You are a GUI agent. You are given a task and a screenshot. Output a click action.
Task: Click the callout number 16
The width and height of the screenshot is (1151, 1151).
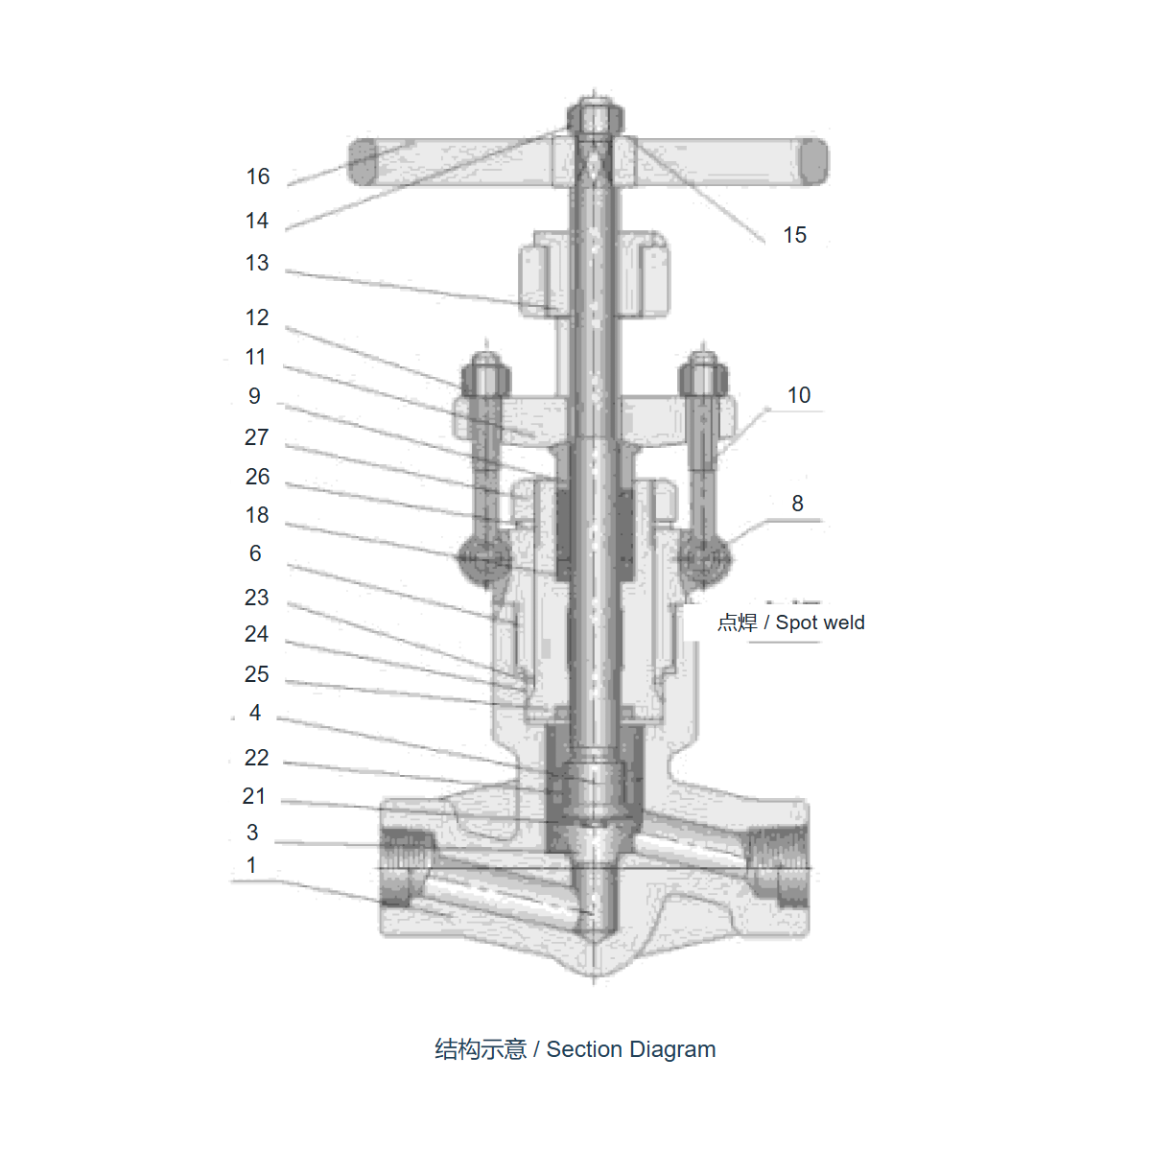(258, 176)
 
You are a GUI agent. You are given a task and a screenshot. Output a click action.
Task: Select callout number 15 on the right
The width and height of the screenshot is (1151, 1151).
(794, 235)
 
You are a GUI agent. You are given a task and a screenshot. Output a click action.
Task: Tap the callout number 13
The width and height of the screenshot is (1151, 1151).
(257, 263)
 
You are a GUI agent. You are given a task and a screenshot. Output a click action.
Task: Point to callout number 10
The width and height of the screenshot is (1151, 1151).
(799, 395)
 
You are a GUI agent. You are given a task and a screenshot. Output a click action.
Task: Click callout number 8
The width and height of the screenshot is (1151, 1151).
(797, 503)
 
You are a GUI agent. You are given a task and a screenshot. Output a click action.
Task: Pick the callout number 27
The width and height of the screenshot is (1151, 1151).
(257, 437)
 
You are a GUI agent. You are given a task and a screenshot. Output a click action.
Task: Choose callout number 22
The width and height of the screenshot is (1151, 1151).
(257, 758)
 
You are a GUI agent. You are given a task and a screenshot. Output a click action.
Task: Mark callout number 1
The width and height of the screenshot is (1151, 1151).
(251, 865)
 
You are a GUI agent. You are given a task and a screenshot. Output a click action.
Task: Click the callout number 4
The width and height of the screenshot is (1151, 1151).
(255, 712)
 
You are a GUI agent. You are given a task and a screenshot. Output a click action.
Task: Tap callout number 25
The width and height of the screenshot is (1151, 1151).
(257, 674)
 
